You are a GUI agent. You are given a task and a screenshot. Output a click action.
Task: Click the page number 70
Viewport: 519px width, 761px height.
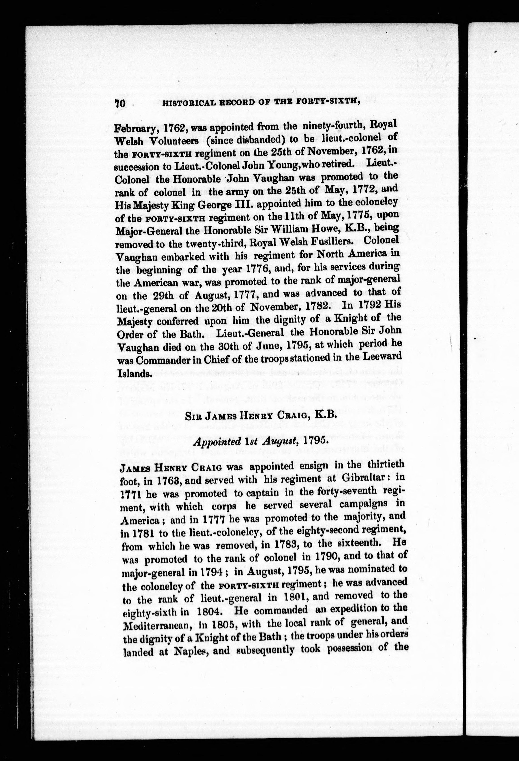[120, 103]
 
